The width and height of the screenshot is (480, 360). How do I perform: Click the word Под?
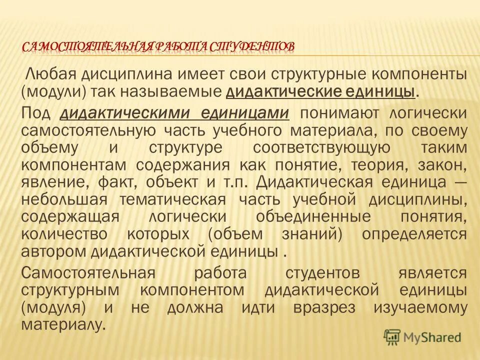click(36, 112)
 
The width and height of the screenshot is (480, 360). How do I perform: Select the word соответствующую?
click(321, 148)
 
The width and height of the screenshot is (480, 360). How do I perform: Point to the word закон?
click(442, 166)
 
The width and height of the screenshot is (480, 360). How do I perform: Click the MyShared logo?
click(422, 337)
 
